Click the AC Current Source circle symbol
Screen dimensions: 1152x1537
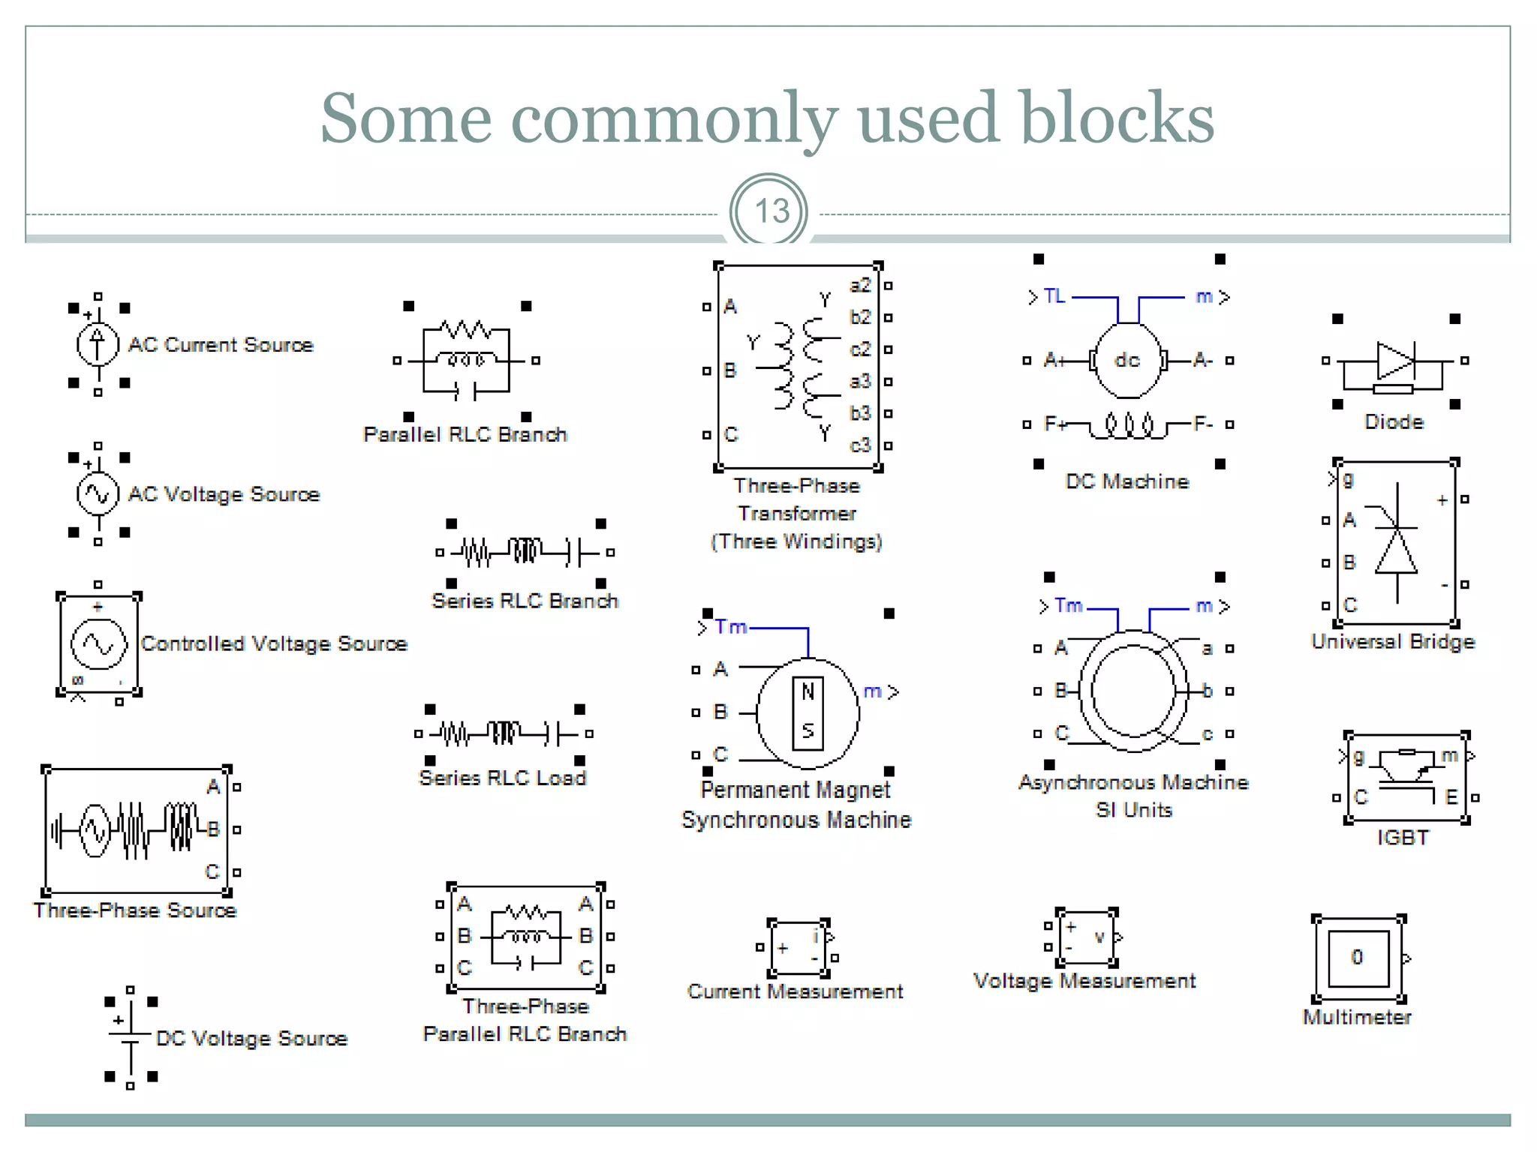click(x=98, y=344)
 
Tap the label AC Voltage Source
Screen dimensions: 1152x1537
click(x=224, y=494)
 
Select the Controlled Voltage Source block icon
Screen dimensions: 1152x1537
click(x=98, y=644)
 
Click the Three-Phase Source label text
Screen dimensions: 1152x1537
click(x=135, y=910)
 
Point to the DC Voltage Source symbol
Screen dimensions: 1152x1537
click(x=131, y=1038)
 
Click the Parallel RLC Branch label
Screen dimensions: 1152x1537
click(x=465, y=435)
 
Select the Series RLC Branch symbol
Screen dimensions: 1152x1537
click(x=525, y=553)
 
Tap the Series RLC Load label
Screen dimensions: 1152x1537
click(x=503, y=778)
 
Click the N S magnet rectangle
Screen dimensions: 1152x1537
click(x=808, y=713)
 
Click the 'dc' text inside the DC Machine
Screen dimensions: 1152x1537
click(x=1126, y=360)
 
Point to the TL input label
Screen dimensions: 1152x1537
click(x=1054, y=296)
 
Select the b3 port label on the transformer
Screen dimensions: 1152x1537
click(x=860, y=413)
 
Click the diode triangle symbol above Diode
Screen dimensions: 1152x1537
click(x=1395, y=361)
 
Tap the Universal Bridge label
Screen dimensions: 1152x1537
click(x=1393, y=642)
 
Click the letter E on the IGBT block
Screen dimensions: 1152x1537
click(x=1451, y=797)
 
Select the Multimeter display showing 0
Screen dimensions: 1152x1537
click(x=1358, y=958)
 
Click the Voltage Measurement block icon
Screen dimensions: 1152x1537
click(x=1084, y=937)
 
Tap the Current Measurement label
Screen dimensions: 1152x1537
click(x=795, y=991)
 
